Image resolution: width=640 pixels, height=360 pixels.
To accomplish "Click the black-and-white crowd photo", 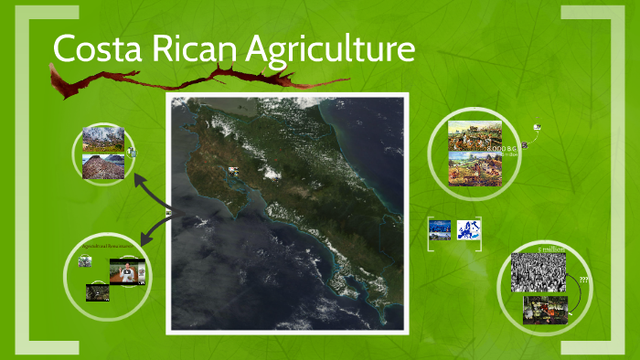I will [538, 271].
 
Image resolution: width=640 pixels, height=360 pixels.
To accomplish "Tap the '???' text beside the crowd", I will [583, 280].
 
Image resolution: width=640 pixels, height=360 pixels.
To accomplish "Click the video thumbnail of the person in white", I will [128, 271].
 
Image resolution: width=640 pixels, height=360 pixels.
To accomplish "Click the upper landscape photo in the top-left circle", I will [102, 138].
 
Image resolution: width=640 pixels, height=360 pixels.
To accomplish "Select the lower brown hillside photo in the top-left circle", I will [102, 164].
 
